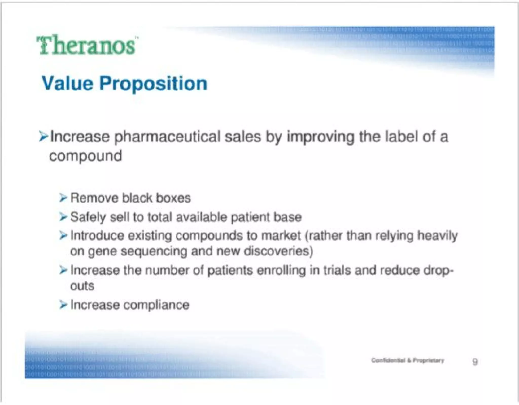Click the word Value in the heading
[x=67, y=83]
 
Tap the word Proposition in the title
[x=153, y=84]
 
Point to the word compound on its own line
[x=86, y=156]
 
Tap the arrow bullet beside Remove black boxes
[x=63, y=198]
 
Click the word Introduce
[x=97, y=236]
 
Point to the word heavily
[x=437, y=236]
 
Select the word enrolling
[x=281, y=270]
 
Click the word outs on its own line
[x=82, y=286]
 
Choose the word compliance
[x=156, y=305]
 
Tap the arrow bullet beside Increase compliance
[x=63, y=305]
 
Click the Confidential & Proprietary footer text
[x=407, y=360]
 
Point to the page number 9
[x=475, y=361]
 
